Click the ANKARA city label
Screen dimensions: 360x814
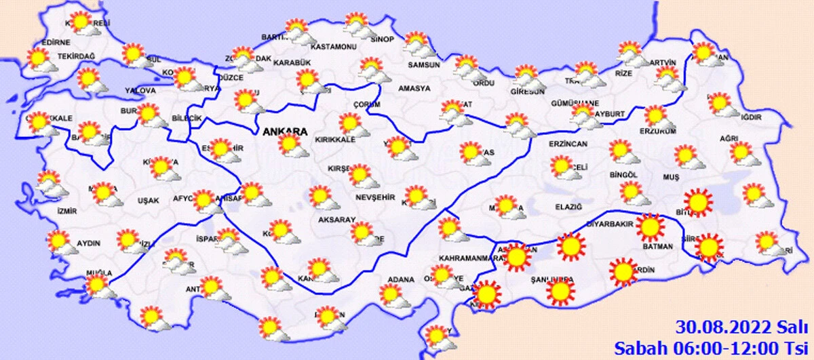tap(284, 132)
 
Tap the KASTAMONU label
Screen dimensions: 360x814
tap(333, 47)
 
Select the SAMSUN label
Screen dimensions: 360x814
tap(424, 66)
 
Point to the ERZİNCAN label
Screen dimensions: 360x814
tap(567, 144)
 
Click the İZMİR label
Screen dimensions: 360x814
tap(67, 211)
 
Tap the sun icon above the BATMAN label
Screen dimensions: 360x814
tap(650, 227)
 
